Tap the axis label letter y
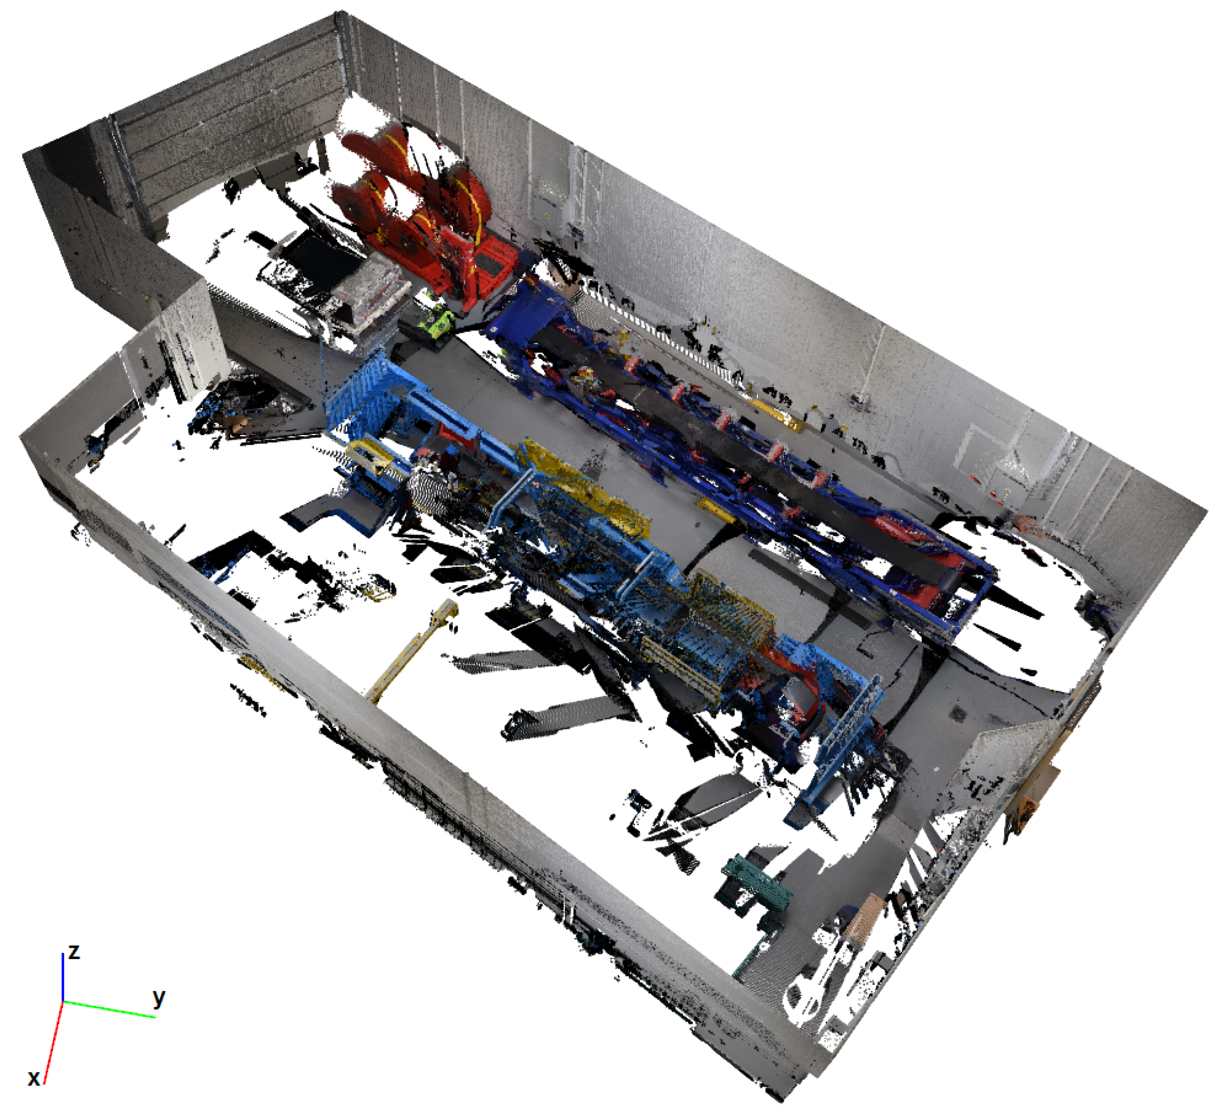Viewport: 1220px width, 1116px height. point(159,998)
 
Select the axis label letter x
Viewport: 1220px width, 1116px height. point(34,1078)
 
